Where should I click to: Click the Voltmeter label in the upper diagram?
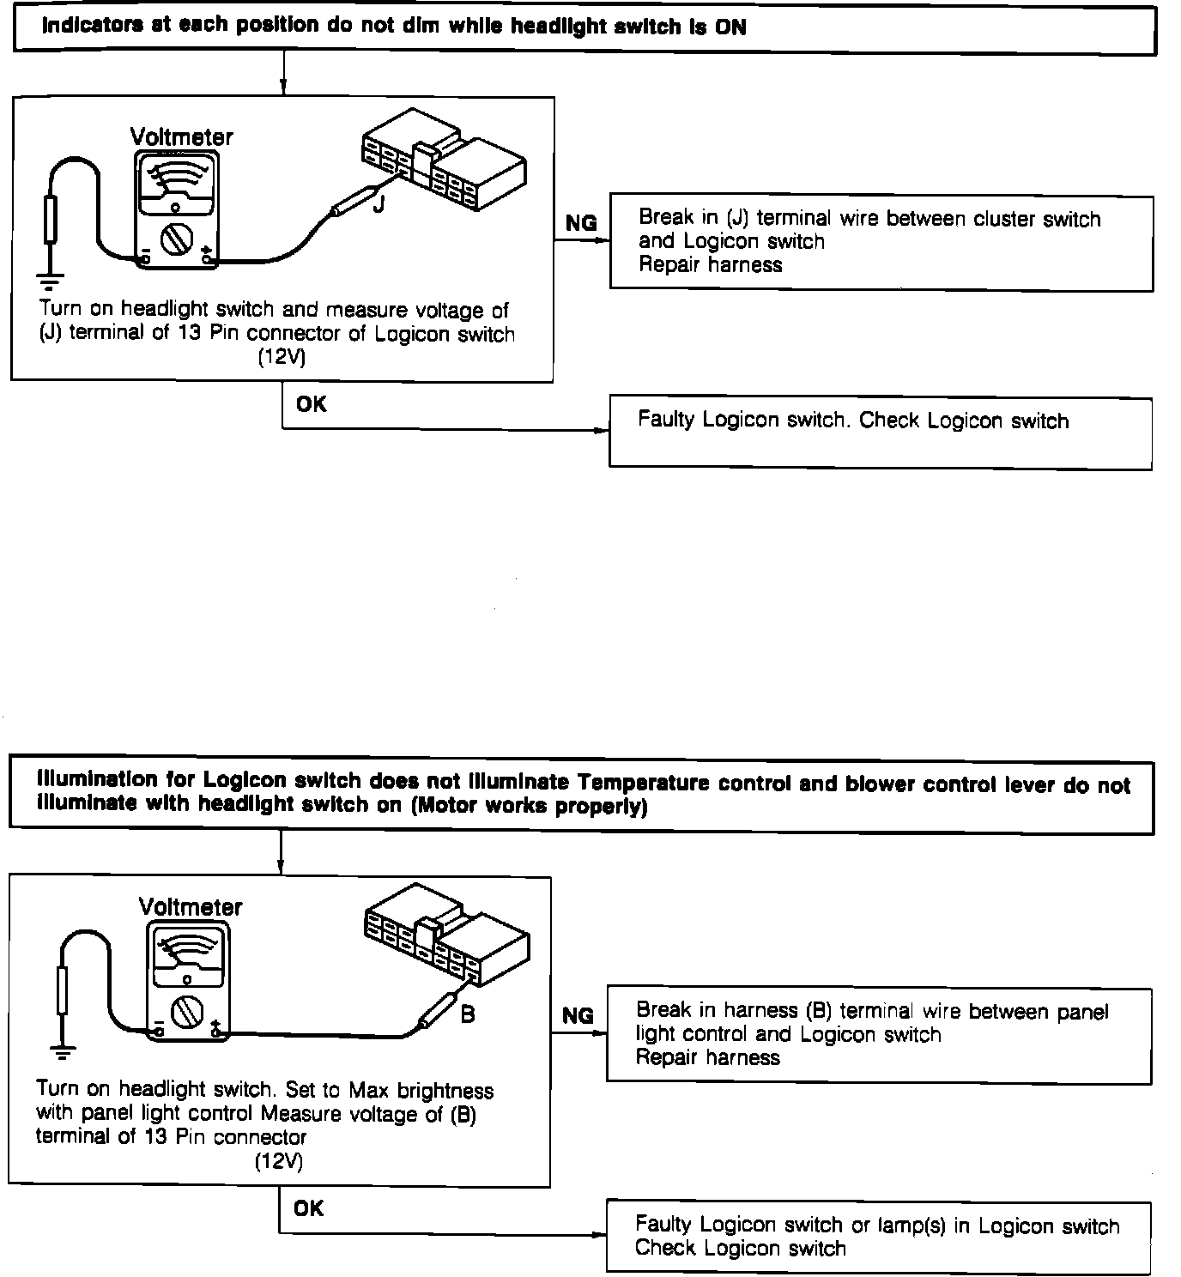coord(181,136)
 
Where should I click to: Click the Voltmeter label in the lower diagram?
coord(191,907)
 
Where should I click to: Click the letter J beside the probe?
coord(378,205)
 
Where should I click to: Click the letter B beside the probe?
coord(468,1014)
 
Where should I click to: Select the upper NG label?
coord(581,223)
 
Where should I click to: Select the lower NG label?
coord(578,1016)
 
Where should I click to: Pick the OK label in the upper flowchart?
coord(311,403)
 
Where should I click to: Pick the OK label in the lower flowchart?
coord(308,1208)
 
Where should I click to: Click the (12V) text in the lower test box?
coord(278,1161)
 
